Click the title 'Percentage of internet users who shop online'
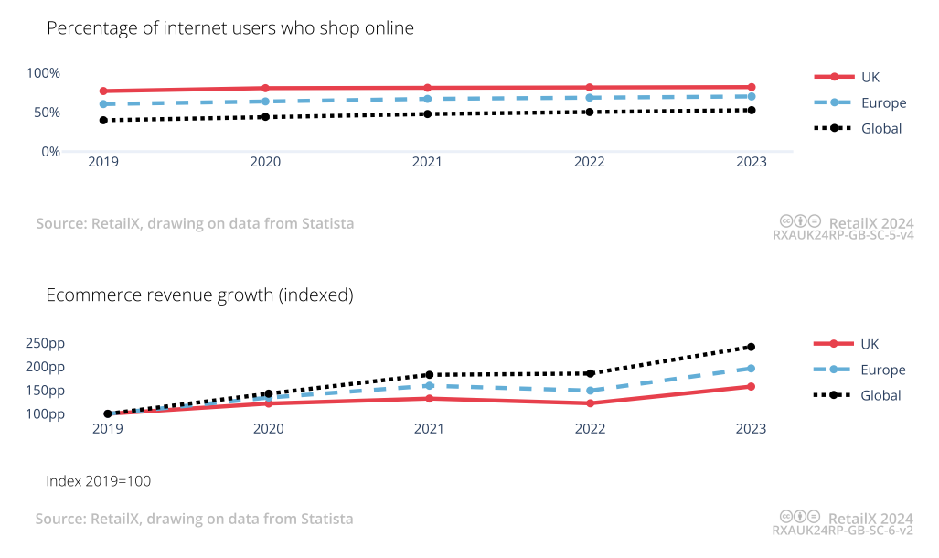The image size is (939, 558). [x=230, y=28]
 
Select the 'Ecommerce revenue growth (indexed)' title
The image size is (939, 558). [x=199, y=295]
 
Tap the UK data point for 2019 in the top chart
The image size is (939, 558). [x=103, y=91]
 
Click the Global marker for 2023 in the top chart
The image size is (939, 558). [x=752, y=110]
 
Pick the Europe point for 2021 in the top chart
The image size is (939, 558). [x=427, y=99]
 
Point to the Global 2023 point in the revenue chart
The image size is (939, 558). [x=752, y=347]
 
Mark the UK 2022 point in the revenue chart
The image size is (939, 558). [x=590, y=403]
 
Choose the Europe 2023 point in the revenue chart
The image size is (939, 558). [x=752, y=368]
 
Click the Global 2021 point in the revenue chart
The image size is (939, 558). [x=429, y=374]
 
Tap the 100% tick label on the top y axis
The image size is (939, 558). [x=43, y=73]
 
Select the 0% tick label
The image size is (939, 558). [x=50, y=151]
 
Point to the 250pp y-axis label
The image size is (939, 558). [x=45, y=343]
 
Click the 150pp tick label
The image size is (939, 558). [x=45, y=391]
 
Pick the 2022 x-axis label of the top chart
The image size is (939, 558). [x=590, y=162]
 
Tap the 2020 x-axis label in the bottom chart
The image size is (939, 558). [x=268, y=428]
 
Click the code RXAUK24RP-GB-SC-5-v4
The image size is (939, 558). [x=843, y=235]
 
